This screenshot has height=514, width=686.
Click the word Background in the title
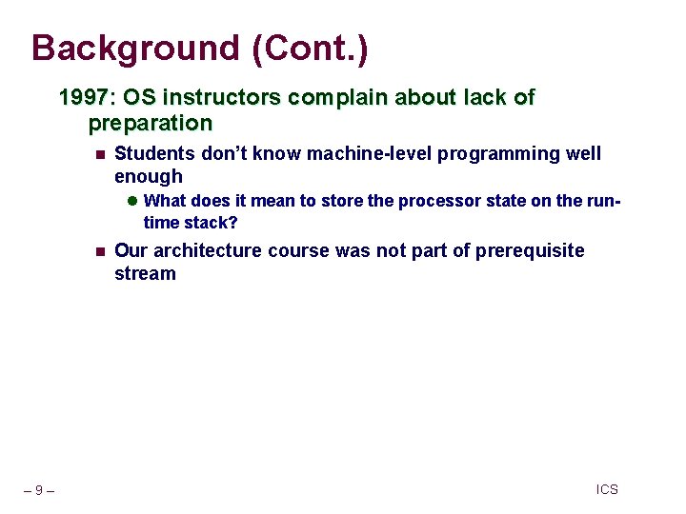click(136, 49)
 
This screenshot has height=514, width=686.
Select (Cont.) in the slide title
click(310, 49)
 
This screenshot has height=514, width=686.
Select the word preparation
click(150, 123)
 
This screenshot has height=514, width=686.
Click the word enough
click(148, 176)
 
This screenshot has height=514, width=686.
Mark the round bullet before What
click(133, 201)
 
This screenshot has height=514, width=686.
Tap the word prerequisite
click(524, 250)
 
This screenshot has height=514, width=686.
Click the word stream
click(145, 274)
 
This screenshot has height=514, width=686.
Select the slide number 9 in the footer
click(37, 490)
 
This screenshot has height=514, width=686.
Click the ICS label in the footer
click(607, 489)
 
